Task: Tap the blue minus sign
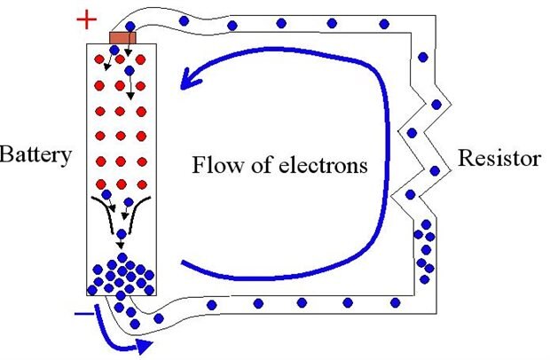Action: [x=82, y=313]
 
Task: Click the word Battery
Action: [x=35, y=157]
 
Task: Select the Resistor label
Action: [x=499, y=159]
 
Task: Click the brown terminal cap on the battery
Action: [x=121, y=37]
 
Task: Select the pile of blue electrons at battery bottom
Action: [x=122, y=277]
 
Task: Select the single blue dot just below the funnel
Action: [x=121, y=235]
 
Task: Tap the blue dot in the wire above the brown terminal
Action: [x=131, y=26]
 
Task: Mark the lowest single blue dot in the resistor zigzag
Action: [x=410, y=194]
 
